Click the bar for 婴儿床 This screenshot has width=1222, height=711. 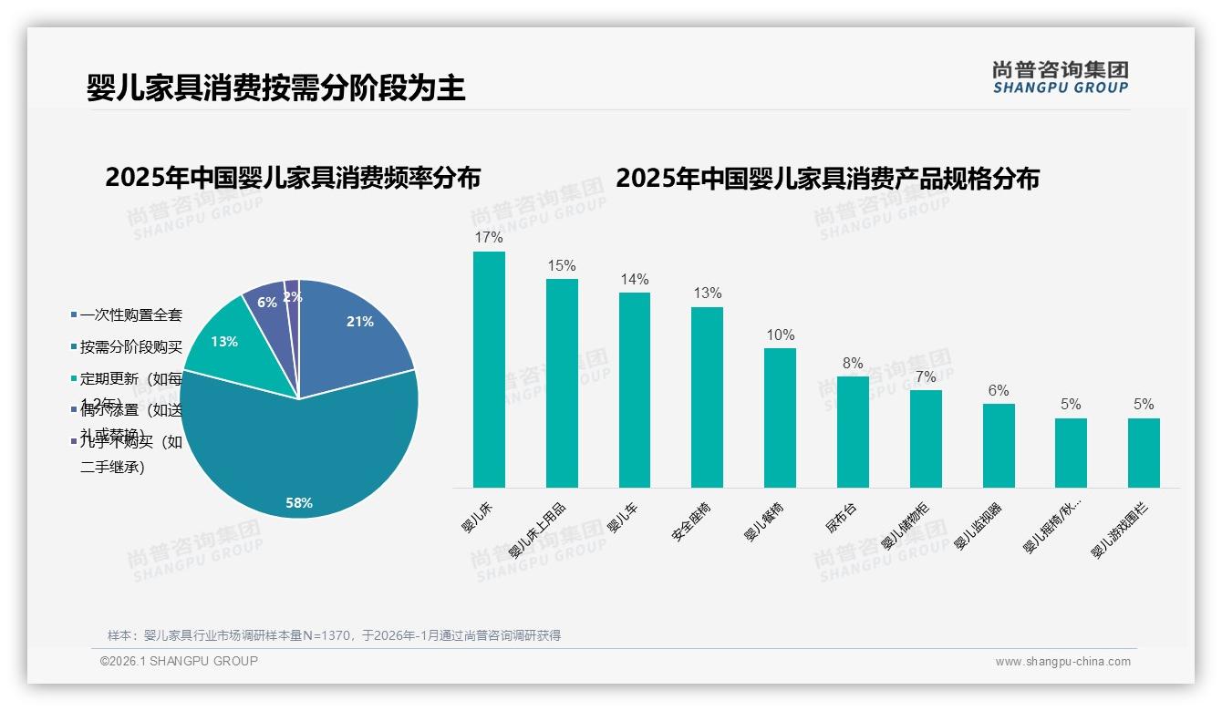tap(489, 369)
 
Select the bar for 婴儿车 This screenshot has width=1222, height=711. tap(635, 390)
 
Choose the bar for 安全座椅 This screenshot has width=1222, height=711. tap(707, 397)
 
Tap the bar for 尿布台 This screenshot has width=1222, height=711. tap(853, 432)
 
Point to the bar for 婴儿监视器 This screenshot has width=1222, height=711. tap(999, 446)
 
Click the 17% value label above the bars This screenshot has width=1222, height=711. tap(489, 238)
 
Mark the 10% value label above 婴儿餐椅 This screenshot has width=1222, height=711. tap(780, 335)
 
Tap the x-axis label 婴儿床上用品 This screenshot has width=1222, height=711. tap(538, 530)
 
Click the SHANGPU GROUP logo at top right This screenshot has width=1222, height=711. tap(1061, 77)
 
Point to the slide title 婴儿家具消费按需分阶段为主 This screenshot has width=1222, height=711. tap(276, 88)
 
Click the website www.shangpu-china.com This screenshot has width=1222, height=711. tap(1062, 662)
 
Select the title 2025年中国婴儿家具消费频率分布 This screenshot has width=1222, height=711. tap(293, 177)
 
